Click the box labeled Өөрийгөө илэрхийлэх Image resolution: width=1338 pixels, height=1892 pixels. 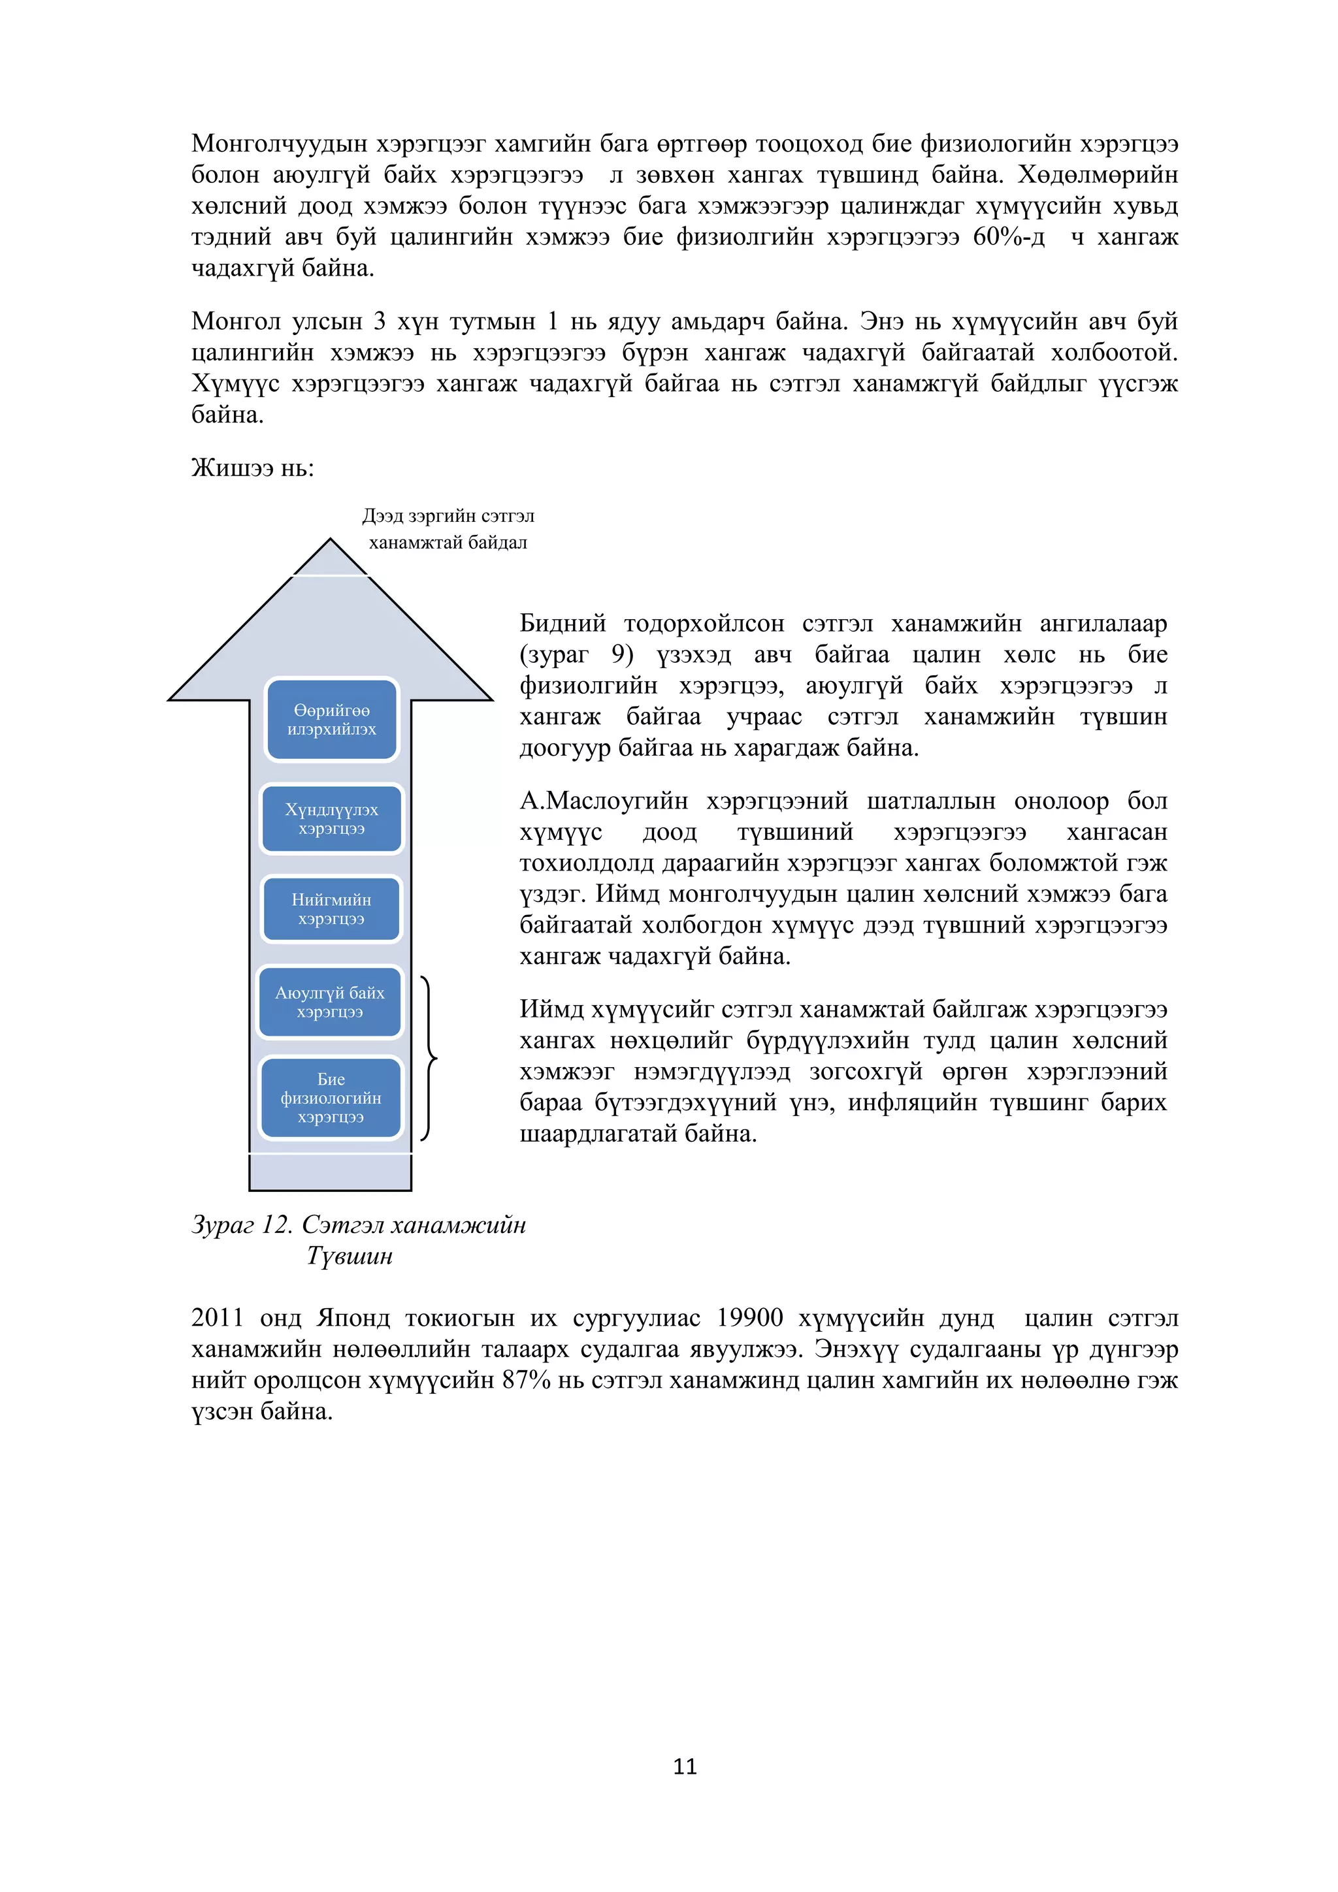pyautogui.click(x=331, y=720)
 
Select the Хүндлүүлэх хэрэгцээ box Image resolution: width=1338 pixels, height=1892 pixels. pyautogui.click(x=331, y=818)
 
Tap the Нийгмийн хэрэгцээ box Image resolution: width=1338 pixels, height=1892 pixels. pyautogui.click(x=331, y=909)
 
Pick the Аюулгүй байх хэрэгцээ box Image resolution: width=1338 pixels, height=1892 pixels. pyautogui.click(x=330, y=1002)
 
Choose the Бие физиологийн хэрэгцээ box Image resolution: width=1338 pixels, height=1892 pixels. pyautogui.click(x=331, y=1098)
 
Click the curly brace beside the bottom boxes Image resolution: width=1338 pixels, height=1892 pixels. pyautogui.click(x=429, y=1059)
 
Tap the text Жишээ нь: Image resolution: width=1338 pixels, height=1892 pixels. pyautogui.click(x=252, y=468)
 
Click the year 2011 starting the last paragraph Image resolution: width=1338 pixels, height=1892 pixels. pyautogui.click(x=217, y=1318)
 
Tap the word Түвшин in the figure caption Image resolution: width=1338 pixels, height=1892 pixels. pyautogui.click(x=350, y=1256)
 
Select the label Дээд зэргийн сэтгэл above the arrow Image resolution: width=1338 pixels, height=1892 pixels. pyautogui.click(x=448, y=516)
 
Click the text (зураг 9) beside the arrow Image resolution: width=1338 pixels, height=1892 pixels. pyautogui.click(x=576, y=654)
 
